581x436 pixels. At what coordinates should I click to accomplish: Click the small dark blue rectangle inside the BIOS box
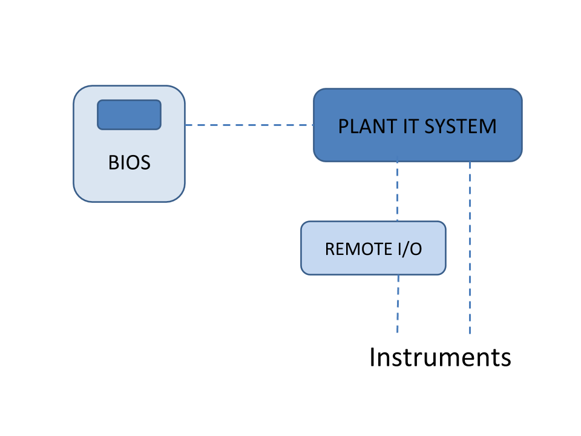(130, 114)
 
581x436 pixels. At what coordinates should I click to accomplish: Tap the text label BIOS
(129, 163)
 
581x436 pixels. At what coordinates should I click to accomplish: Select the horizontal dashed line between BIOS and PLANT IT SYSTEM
(249, 125)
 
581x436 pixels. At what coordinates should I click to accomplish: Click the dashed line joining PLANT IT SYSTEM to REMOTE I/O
(397, 191)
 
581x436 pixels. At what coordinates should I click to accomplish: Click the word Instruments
(440, 357)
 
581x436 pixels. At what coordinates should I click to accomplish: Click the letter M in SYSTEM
(488, 127)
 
